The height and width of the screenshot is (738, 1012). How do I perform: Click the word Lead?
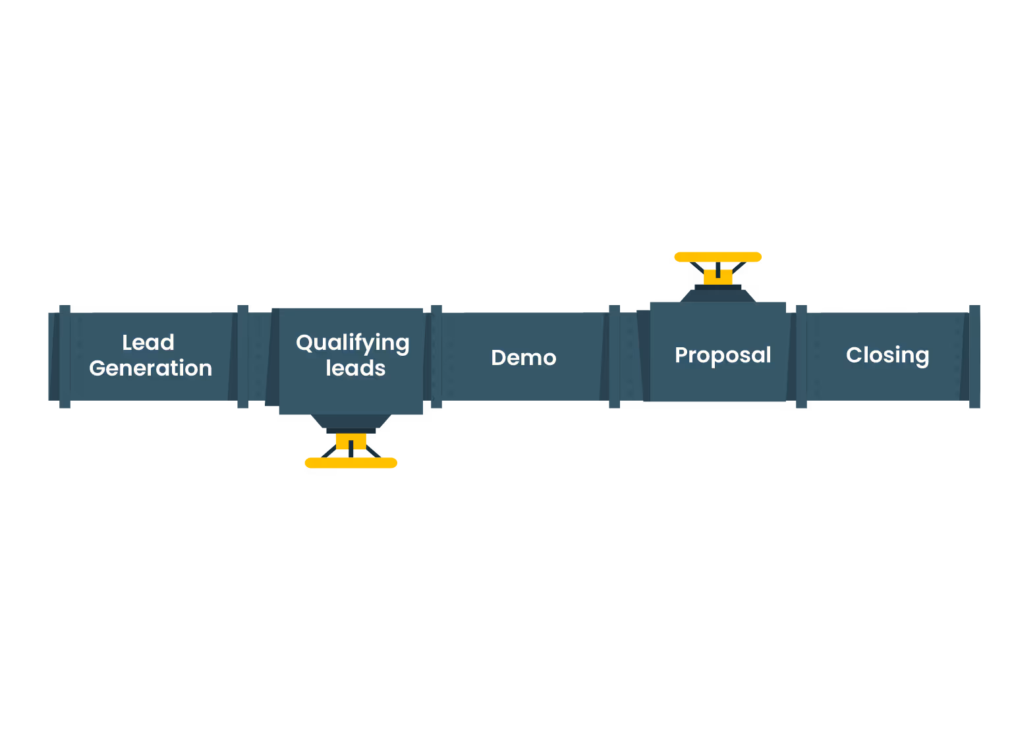[148, 343]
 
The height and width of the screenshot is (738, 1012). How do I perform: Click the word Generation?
[150, 368]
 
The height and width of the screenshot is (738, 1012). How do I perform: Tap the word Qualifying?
[352, 343]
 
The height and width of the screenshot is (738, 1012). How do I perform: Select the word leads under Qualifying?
[355, 368]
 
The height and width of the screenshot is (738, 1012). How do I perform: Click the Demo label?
[524, 358]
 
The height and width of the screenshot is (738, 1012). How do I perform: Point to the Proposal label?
[723, 355]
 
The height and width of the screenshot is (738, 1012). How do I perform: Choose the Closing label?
[887, 355]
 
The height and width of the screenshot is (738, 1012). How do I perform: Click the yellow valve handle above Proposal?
[718, 257]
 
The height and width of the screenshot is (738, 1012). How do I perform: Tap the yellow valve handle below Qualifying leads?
[351, 463]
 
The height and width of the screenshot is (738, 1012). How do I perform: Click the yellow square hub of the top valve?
[718, 277]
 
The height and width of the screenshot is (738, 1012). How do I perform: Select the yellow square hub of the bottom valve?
[351, 441]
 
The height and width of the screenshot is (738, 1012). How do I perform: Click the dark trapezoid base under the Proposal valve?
[718, 296]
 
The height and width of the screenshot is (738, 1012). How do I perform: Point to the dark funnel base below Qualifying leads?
[351, 421]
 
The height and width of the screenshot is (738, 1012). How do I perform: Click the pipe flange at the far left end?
[65, 356]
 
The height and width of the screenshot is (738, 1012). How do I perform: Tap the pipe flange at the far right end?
[974, 356]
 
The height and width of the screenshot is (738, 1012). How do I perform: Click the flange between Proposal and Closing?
[801, 356]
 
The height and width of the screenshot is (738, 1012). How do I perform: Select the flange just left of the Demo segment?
[436, 356]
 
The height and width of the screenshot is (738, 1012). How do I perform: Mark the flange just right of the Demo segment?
[614, 356]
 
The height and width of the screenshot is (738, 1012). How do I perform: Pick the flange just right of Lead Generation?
[242, 356]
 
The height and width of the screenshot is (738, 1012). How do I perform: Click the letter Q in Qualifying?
[304, 343]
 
